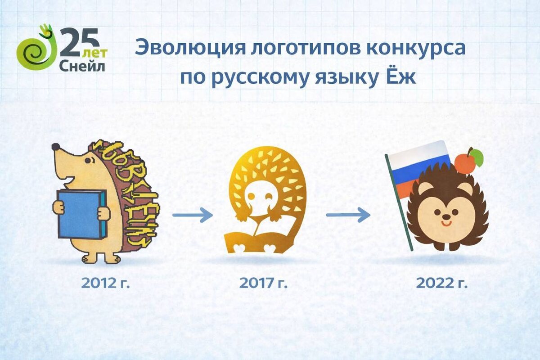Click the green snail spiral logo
point(32,52)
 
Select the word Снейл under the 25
point(82,66)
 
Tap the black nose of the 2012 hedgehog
point(55,147)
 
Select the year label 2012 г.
point(105,283)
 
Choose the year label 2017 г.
point(263,283)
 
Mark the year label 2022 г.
point(441,283)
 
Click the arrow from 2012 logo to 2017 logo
point(192,215)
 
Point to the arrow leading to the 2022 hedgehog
point(347,215)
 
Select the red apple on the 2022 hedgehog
point(465,162)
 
